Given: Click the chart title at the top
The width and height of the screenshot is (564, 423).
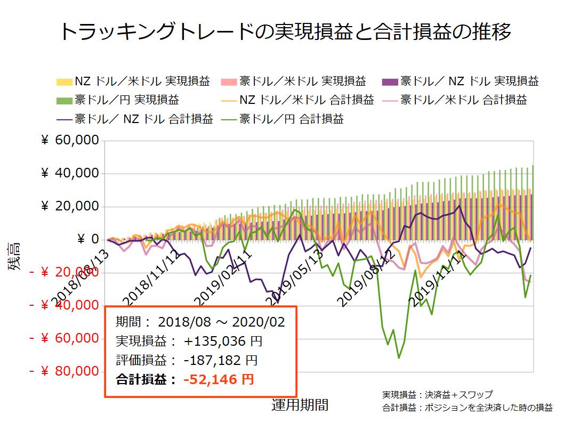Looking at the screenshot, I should point(282,32).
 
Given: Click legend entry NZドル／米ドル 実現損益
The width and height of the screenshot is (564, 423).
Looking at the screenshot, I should point(140,82).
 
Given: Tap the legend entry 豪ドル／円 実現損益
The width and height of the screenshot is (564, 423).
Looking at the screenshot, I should point(125,100).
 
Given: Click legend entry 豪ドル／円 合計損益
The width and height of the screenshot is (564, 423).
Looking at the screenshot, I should point(292,118).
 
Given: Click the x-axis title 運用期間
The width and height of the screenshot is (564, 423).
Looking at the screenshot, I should point(300,405).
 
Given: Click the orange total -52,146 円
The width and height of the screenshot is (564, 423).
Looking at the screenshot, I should point(219,380).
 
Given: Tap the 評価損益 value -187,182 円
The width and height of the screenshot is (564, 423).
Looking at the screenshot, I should point(220,361).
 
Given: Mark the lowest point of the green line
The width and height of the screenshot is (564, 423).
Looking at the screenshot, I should point(399,358).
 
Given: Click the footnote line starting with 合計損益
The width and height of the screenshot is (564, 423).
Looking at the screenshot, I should point(467,408).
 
